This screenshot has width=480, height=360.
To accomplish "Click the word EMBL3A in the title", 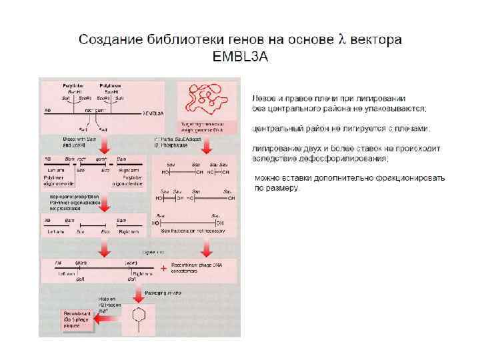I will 240,57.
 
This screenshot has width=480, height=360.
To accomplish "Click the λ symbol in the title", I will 342,39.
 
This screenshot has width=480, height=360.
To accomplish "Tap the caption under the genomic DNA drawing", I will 203,126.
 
